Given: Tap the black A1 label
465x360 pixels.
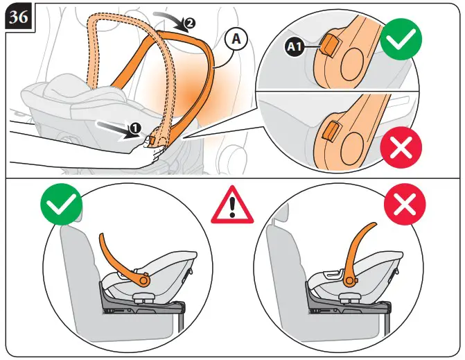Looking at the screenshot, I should tap(295, 47).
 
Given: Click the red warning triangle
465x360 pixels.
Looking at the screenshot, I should tap(232, 206).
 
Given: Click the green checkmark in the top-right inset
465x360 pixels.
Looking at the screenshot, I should tap(401, 42).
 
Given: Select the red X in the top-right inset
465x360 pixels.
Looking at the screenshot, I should tap(401, 147).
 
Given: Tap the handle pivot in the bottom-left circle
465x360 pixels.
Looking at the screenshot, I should tap(144, 280).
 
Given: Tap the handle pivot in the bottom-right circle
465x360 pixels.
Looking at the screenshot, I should tap(349, 280).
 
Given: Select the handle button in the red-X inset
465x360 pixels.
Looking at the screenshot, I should tap(332, 130).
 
